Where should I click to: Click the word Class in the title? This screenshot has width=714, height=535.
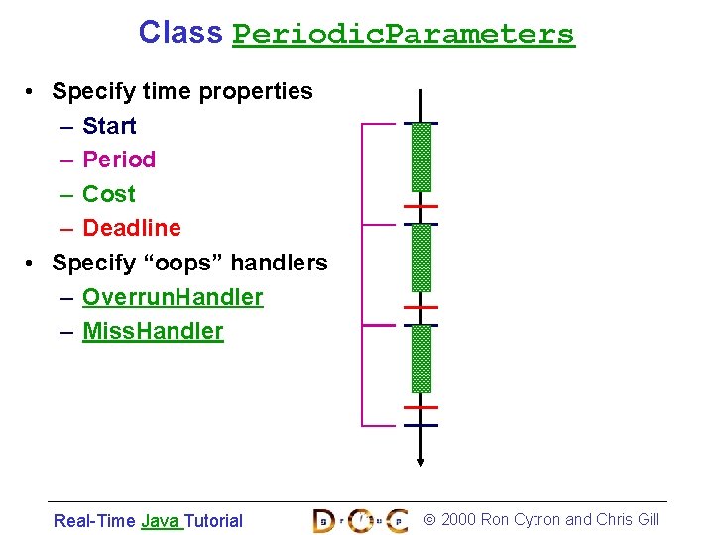coord(180,32)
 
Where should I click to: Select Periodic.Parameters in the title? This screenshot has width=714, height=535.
coord(403,34)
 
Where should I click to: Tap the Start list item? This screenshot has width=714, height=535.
coord(109,126)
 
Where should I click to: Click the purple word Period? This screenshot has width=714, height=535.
coord(119,160)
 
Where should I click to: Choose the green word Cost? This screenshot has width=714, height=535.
coord(109,194)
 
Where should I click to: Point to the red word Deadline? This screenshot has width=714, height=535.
coord(132,228)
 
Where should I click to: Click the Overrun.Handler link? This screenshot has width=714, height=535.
coord(173,297)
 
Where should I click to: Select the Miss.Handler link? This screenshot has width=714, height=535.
coord(153,331)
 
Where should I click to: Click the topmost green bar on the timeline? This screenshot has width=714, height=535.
coord(421,157)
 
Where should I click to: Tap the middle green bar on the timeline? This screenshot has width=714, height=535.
coord(421,258)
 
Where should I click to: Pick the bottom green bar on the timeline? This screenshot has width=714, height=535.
coord(421,359)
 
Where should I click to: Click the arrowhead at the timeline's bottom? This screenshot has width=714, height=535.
coord(421,459)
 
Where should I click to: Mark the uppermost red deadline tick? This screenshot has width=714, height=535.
coord(421,207)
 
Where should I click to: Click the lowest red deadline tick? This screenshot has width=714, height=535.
coord(421,407)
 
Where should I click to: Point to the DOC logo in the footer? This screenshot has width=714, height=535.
coord(360,520)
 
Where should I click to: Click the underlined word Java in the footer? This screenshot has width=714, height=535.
coord(160,521)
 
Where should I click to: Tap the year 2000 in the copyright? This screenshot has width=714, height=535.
coord(458,520)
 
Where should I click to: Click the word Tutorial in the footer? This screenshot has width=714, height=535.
coord(213,521)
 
